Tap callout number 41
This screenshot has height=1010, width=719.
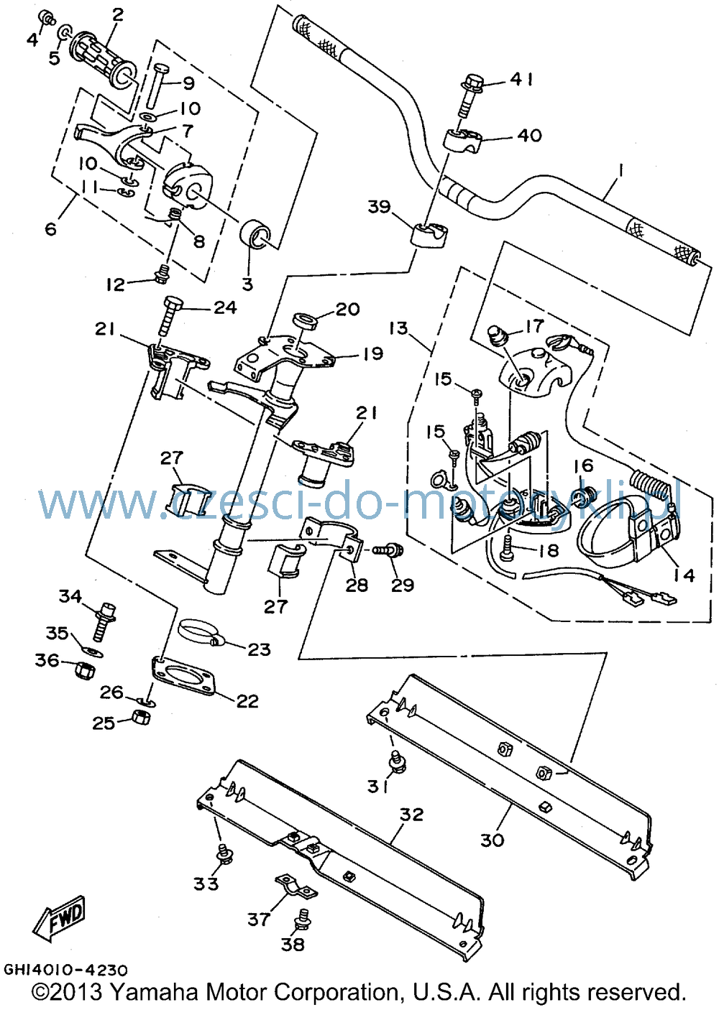tap(522, 79)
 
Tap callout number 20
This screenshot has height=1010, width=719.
tap(347, 310)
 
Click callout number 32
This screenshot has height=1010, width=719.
tap(412, 815)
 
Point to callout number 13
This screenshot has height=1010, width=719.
tap(398, 328)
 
